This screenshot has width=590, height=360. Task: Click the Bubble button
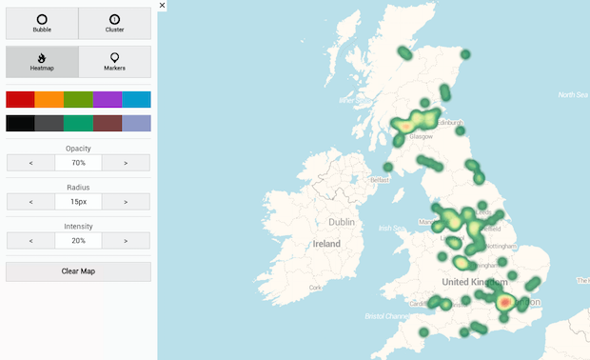42,23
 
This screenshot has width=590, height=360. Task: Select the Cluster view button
114,23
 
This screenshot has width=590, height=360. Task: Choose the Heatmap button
42,62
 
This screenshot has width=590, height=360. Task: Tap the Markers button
114,62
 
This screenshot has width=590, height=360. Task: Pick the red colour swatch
20,99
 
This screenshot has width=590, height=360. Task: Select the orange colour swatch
49,99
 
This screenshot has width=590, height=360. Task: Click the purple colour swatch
107,99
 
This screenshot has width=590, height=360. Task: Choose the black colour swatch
20,123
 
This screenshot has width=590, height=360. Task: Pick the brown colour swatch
107,123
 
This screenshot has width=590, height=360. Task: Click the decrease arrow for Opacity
30,163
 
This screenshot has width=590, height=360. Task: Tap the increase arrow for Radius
127,202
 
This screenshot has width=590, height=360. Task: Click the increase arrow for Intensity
127,241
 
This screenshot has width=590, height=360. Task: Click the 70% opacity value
78,163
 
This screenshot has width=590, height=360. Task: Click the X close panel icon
163,5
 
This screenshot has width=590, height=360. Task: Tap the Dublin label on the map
341,222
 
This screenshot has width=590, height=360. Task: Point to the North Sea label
573,94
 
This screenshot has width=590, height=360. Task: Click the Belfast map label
382,179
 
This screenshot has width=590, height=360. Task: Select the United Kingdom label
475,282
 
